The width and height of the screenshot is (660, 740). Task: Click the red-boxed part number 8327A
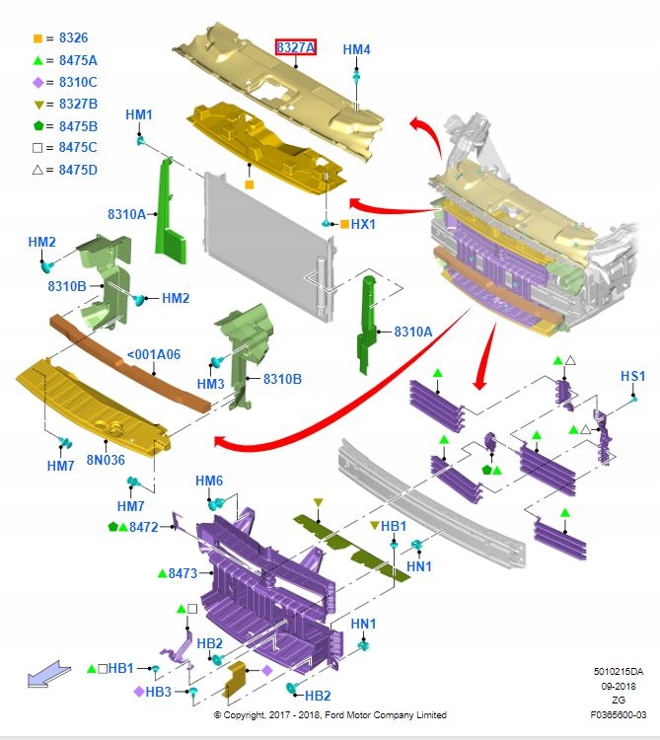[x=295, y=47]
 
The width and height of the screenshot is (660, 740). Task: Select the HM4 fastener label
[x=356, y=49]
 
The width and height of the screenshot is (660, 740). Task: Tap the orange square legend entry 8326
[x=66, y=38]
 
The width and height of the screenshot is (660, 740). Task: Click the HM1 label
[x=139, y=115]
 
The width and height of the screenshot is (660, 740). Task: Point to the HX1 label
[x=363, y=224]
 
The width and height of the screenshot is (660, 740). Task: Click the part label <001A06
[x=154, y=355]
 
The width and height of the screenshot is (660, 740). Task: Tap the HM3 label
[x=210, y=383]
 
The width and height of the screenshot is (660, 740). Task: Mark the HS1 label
[x=632, y=376]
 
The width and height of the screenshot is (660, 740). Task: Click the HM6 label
[x=209, y=481]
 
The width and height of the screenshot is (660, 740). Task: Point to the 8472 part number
[x=144, y=527]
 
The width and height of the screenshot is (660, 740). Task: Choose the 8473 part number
[x=183, y=572]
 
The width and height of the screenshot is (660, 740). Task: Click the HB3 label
[x=159, y=691]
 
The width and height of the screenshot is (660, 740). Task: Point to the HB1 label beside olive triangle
[x=394, y=526]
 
